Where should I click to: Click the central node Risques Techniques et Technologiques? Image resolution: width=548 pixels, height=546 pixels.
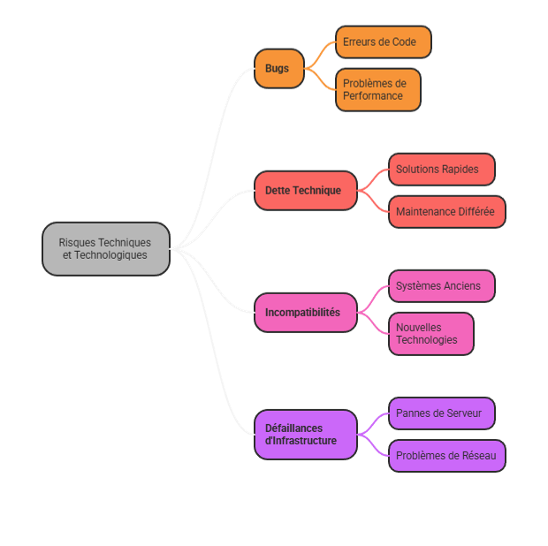105,249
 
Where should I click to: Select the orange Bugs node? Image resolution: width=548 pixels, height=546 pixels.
278,69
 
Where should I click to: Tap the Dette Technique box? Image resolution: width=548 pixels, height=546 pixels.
305,191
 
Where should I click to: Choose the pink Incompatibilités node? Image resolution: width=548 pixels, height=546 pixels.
305,313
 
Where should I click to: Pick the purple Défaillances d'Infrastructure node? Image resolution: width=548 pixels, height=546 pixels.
305,435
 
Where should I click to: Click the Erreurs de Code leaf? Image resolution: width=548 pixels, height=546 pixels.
383,42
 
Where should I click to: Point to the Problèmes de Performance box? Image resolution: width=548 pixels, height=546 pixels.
377,90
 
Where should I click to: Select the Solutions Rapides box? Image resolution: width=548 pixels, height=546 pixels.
441,170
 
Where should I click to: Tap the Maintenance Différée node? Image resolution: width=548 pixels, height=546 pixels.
446,212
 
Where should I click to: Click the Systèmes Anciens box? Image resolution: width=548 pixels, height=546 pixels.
441,286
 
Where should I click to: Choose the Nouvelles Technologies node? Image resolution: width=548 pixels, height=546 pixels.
430,334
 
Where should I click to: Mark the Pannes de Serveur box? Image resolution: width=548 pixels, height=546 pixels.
441,413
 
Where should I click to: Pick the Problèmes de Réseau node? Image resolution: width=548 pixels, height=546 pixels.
446,456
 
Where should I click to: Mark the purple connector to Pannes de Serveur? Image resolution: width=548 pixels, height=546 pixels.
374,422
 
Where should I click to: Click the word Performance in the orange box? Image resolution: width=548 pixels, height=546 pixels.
372,96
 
